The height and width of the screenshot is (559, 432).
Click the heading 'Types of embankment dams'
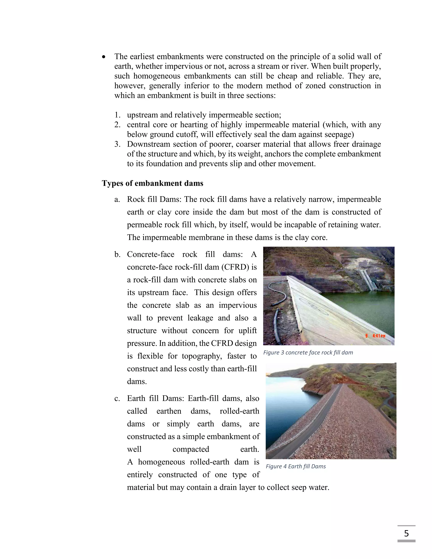(x=153, y=183)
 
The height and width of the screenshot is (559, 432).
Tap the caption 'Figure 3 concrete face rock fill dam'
(x=308, y=352)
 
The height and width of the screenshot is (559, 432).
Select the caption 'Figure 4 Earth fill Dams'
(x=296, y=466)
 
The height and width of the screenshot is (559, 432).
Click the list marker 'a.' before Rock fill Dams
(x=117, y=199)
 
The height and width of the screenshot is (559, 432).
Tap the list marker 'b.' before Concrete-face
(x=117, y=254)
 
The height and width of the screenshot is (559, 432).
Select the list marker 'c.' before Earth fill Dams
(x=117, y=398)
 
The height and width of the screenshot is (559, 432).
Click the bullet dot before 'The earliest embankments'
(x=104, y=57)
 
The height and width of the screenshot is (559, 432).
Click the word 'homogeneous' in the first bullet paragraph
(x=157, y=76)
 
